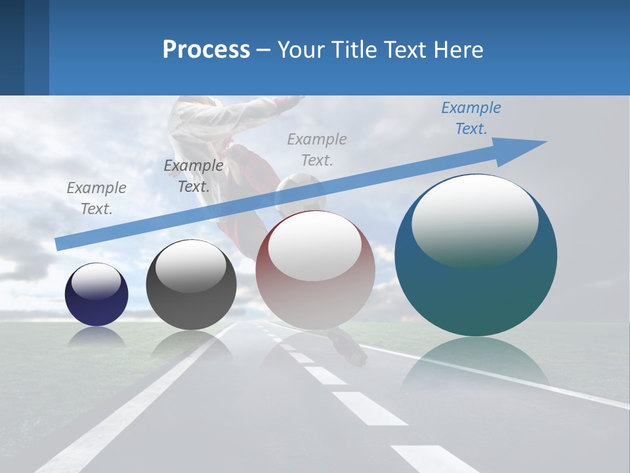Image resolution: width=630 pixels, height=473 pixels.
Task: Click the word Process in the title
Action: click(x=206, y=49)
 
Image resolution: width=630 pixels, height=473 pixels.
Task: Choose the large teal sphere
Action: click(x=476, y=289)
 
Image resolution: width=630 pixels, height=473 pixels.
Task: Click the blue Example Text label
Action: click(x=471, y=118)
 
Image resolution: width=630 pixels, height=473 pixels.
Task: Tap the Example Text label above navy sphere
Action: click(x=96, y=198)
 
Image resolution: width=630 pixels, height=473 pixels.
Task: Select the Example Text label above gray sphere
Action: click(x=193, y=175)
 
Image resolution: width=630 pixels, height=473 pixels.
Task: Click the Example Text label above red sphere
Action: click(x=317, y=149)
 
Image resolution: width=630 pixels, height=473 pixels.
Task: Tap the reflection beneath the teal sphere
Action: click(x=475, y=365)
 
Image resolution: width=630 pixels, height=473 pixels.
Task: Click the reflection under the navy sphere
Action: click(x=96, y=336)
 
